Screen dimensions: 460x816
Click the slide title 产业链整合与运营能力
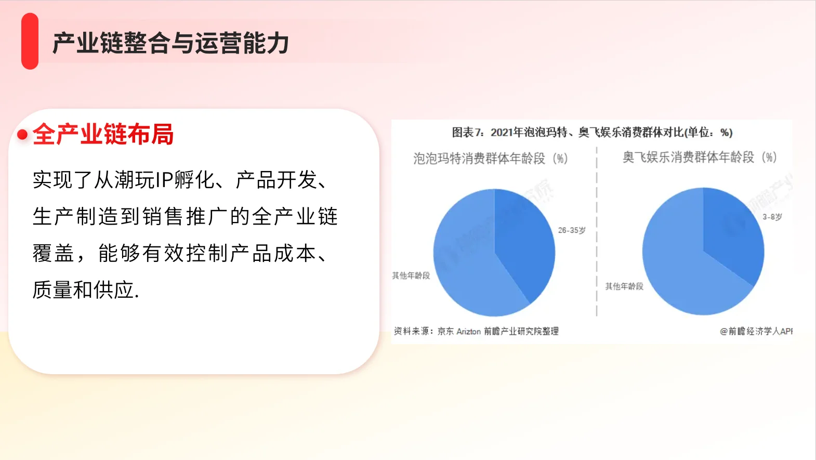coord(170,43)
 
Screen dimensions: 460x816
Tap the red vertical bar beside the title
coord(30,41)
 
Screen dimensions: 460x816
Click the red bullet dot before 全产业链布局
coord(22,135)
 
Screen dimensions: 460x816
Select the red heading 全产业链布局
coord(103,134)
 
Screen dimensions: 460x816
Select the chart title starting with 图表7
coord(591,133)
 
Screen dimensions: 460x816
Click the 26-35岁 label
coord(572,230)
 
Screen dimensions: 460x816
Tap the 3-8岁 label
coord(772,217)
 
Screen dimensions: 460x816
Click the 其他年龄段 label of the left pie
coord(411,275)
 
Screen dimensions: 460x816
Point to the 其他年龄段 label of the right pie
coord(624,286)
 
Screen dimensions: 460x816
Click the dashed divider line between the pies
coord(597,234)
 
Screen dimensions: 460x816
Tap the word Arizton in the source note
coord(468,332)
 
